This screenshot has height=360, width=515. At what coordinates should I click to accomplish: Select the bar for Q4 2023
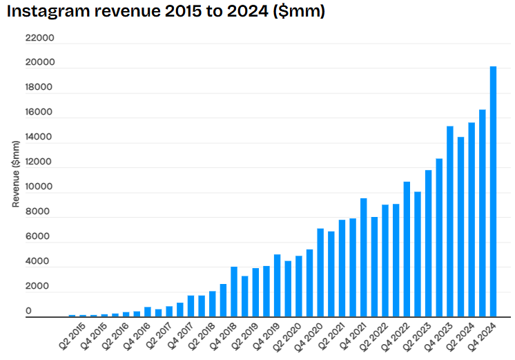(x=450, y=221)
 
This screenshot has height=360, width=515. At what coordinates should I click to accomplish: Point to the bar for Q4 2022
(x=407, y=249)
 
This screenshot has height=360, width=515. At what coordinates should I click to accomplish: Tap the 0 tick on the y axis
(x=29, y=312)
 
